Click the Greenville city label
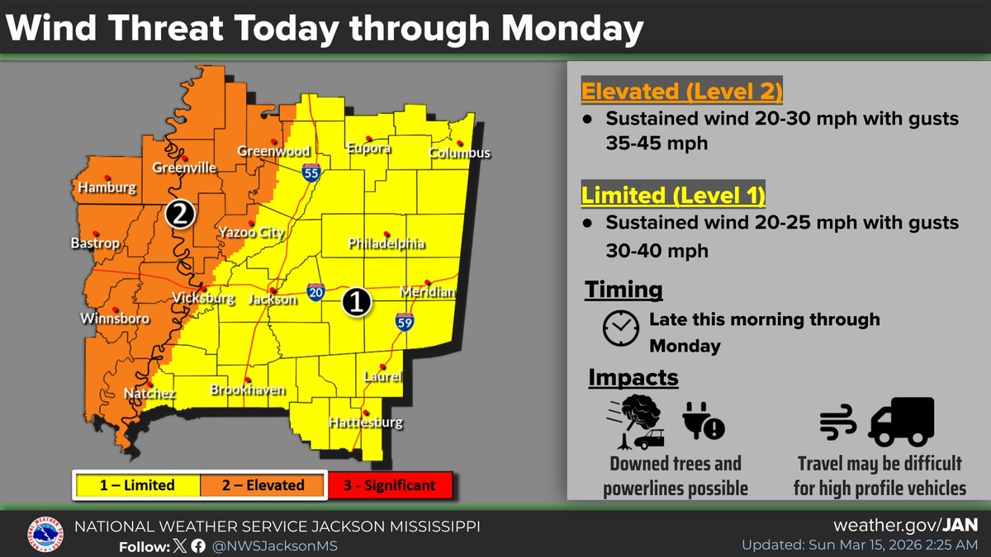click(x=184, y=168)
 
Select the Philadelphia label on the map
click(x=386, y=244)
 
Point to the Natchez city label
click(x=149, y=394)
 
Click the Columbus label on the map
click(x=459, y=153)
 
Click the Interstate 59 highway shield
click(x=404, y=322)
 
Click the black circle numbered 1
click(x=357, y=303)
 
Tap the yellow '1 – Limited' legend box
click(x=137, y=485)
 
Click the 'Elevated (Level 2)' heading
click(x=682, y=91)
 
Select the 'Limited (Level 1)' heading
click(x=673, y=196)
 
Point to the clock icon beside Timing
click(x=620, y=328)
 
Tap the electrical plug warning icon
click(x=704, y=422)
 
